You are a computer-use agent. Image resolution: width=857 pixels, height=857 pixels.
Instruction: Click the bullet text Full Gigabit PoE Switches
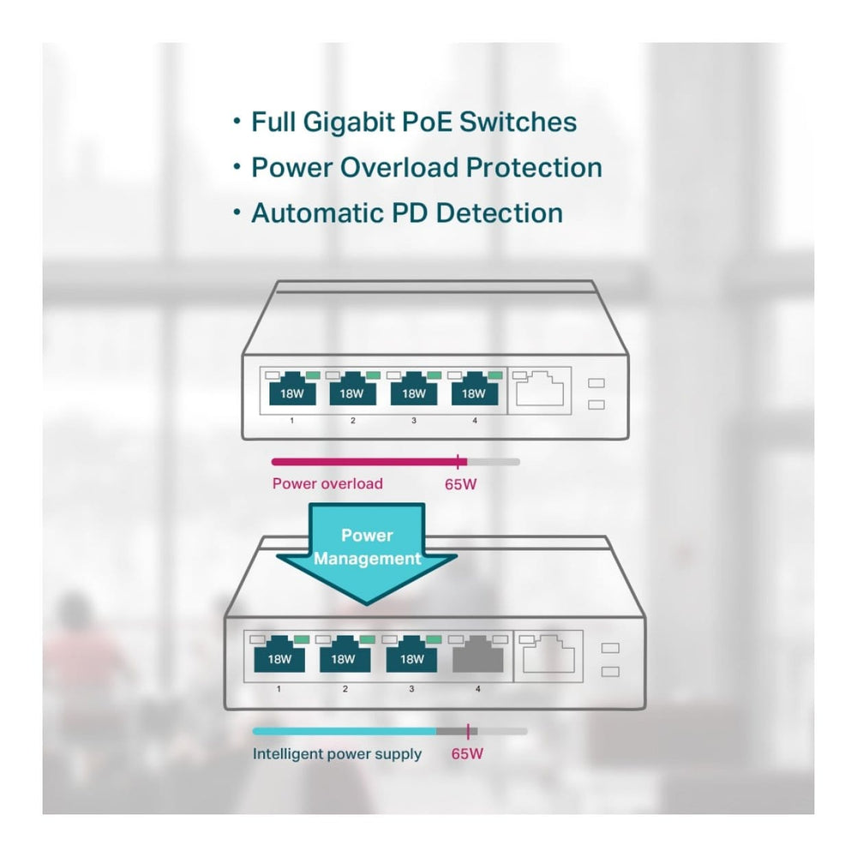413,122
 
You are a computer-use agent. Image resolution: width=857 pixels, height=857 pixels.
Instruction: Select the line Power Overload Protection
426,167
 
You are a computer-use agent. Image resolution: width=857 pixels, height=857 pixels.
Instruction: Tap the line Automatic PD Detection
406,213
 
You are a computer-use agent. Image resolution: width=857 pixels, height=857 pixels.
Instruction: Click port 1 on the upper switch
291,393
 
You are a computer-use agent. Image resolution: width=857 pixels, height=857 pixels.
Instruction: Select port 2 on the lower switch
345,657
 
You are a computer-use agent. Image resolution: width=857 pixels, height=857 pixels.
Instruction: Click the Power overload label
327,483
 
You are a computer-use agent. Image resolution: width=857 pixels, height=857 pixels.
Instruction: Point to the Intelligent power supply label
337,754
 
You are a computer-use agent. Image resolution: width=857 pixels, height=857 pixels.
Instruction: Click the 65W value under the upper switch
461,484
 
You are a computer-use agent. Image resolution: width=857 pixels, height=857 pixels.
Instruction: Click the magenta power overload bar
364,461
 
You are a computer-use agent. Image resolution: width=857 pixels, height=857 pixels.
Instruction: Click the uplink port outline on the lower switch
548,656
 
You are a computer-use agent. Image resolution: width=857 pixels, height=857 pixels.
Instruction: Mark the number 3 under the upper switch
414,421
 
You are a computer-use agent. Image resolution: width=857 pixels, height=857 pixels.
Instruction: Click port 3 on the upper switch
413,393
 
